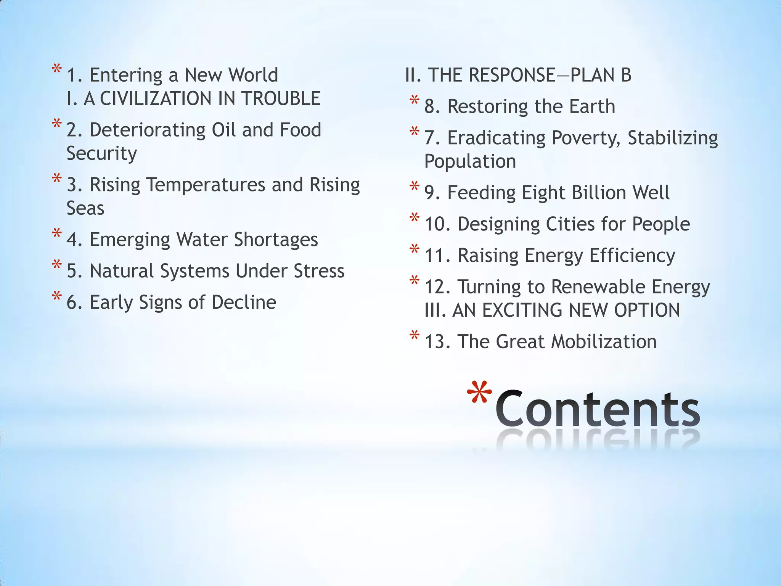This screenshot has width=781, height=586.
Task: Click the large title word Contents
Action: [598, 409]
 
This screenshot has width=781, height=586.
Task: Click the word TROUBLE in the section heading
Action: [281, 98]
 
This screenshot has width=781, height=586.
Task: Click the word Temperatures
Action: [206, 185]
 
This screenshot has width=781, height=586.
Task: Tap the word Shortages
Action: [276, 240]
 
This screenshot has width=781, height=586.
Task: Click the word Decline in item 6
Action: [244, 302]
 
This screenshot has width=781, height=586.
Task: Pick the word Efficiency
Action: [632, 255]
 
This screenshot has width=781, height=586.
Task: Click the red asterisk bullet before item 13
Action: [415, 336]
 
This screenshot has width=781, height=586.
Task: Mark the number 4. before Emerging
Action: [74, 240]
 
